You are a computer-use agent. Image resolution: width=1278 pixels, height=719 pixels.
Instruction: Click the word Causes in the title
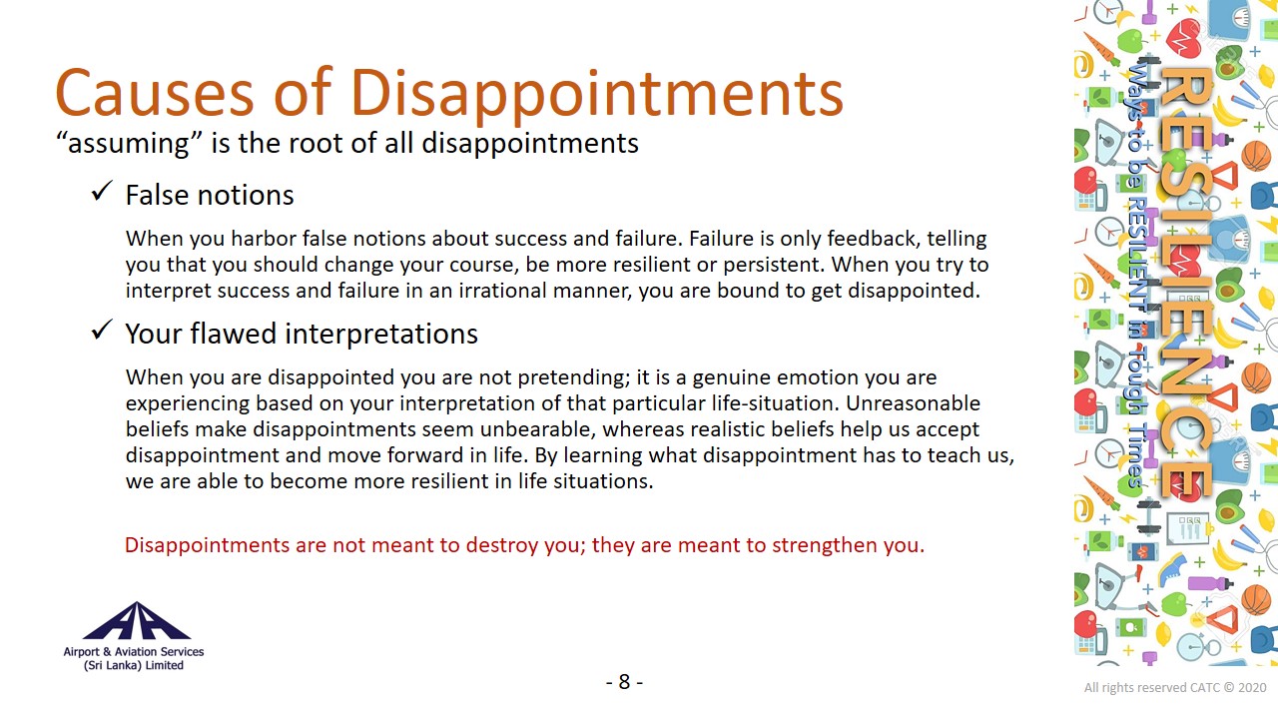pos(154,93)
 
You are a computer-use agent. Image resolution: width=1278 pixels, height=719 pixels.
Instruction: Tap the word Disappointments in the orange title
pos(597,95)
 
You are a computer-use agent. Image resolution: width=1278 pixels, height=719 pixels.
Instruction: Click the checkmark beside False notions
pos(102,191)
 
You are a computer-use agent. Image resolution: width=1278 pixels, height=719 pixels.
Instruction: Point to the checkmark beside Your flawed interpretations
pos(102,330)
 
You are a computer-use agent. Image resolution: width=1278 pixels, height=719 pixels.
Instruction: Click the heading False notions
pos(210,195)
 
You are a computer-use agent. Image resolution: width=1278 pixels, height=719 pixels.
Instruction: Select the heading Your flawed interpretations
pos(302,334)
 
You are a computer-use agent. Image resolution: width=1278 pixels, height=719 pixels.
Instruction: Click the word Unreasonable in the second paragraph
pos(913,403)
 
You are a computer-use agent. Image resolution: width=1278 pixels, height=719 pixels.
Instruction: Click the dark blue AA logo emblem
pos(137,621)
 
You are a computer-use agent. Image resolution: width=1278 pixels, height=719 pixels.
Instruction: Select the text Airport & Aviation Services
pos(134,652)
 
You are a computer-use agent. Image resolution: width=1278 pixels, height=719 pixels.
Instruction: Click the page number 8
pos(624,682)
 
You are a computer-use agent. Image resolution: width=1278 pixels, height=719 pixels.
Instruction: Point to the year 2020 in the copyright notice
pos(1252,688)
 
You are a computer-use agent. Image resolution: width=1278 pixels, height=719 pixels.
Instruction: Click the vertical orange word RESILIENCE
pos(1187,283)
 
